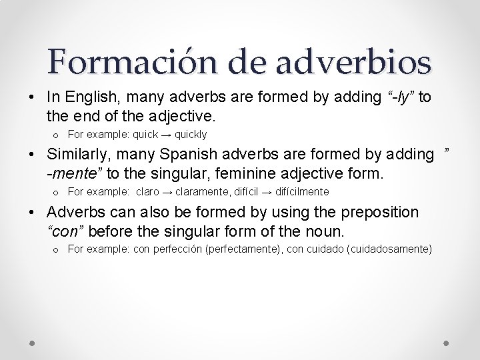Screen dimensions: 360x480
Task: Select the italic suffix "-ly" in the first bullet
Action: pyautogui.click(x=401, y=97)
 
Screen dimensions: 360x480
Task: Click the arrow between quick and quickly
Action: pyautogui.click(x=166, y=134)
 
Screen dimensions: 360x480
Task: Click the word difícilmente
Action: pyautogui.click(x=302, y=192)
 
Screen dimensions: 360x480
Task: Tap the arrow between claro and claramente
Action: pyautogui.click(x=167, y=192)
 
